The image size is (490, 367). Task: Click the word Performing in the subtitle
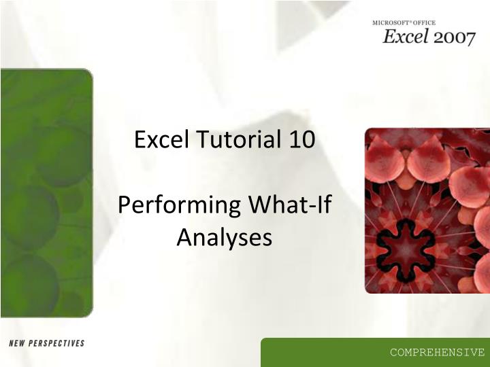[x=180, y=205]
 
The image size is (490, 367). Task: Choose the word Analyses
[x=224, y=237]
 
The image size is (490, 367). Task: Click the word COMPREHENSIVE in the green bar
[x=437, y=352]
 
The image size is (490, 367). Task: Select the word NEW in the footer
[x=18, y=343]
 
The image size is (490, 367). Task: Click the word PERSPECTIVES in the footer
[x=58, y=343]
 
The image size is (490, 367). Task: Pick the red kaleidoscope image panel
[x=427, y=211]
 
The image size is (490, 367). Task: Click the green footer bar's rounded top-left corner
[x=264, y=340]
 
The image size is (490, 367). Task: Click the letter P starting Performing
[x=125, y=205]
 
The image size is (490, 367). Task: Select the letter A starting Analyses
[x=184, y=237]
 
